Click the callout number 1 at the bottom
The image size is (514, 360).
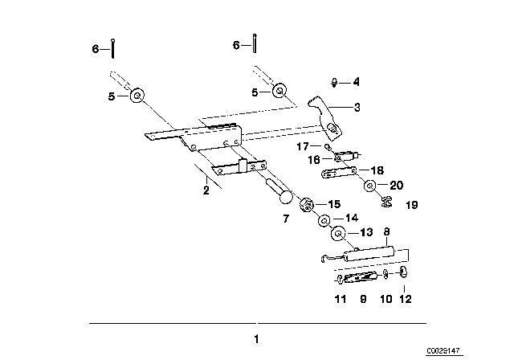point(257,339)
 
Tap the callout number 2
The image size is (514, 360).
point(206,190)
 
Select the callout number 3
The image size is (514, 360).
point(357,107)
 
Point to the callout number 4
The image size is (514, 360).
point(357,82)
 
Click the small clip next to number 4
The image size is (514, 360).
point(334,82)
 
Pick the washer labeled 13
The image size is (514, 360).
point(339,234)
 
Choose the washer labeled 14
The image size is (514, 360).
point(324,220)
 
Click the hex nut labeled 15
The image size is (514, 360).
point(307,205)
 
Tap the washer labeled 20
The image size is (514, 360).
point(370,186)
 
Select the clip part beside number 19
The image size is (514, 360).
point(387,201)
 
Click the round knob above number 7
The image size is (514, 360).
point(285,197)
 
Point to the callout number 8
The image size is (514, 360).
point(387,231)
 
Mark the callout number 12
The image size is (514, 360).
point(405,299)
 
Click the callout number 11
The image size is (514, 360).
point(341,299)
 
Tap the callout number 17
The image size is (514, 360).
point(303,146)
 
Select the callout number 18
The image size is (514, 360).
point(377,170)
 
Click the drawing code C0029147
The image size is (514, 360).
point(444,351)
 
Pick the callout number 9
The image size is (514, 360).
point(363,299)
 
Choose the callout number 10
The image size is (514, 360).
point(385,299)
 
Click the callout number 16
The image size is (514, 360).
point(314,160)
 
